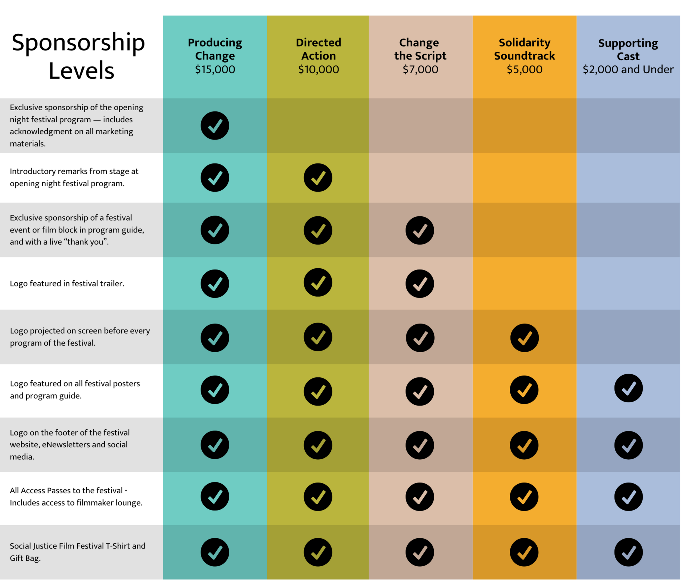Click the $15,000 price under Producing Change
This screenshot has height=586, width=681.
[x=215, y=69]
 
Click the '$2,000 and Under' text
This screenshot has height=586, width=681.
[x=628, y=69]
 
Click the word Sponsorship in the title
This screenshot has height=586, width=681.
[x=78, y=43]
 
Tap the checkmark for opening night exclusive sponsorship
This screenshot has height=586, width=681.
[x=215, y=125]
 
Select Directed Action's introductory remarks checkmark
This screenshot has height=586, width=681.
[x=318, y=177]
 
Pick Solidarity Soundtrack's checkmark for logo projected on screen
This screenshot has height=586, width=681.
[x=524, y=338]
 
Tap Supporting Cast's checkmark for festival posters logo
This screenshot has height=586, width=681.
[x=629, y=388]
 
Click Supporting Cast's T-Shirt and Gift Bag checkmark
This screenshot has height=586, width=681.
[x=629, y=552]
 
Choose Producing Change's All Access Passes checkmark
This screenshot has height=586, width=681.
[x=215, y=496]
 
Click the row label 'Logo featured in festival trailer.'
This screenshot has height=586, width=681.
[x=67, y=283]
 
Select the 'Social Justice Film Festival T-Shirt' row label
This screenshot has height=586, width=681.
[x=77, y=546]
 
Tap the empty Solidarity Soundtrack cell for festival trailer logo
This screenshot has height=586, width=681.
[x=524, y=283]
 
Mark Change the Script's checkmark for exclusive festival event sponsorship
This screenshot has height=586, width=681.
[x=420, y=230]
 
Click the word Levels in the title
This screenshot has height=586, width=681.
[x=81, y=71]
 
